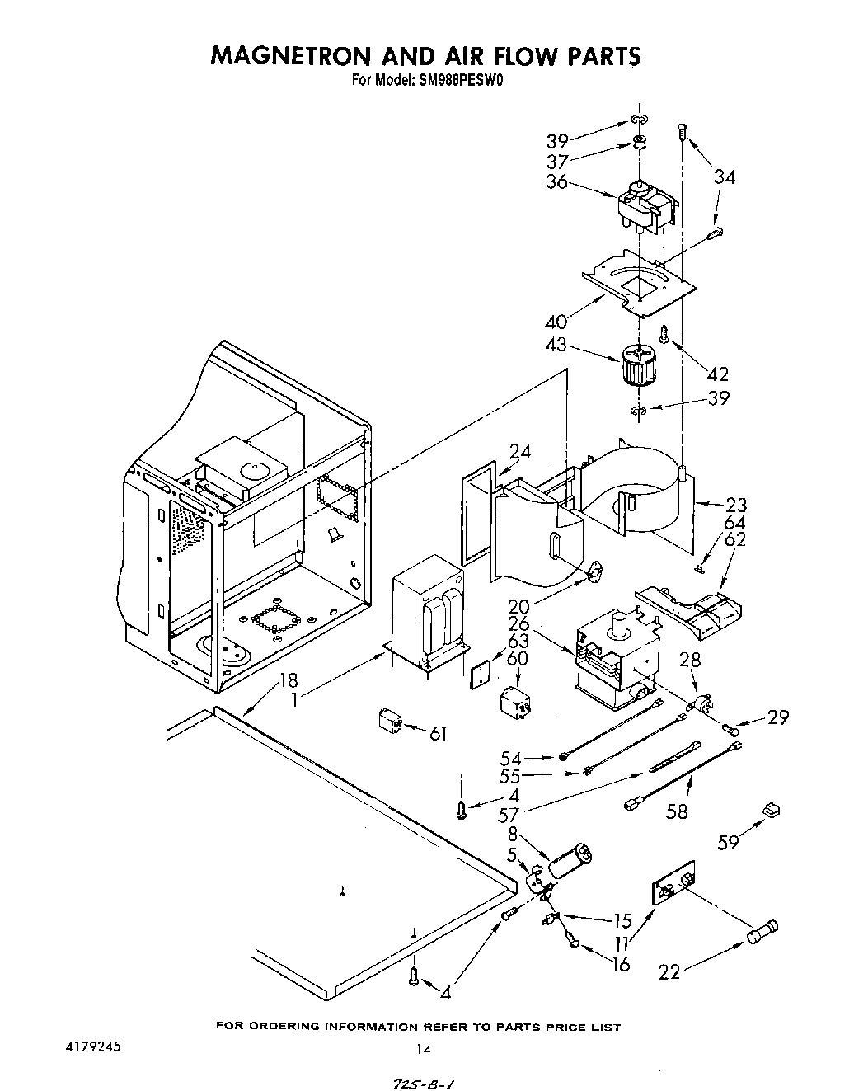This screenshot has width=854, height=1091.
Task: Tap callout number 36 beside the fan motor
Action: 557,181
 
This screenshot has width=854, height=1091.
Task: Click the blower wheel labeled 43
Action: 636,368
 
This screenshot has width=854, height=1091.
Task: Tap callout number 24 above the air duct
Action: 519,452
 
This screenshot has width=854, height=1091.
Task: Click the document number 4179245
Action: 93,1046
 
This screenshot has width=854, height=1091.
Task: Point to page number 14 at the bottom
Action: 423,1049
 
